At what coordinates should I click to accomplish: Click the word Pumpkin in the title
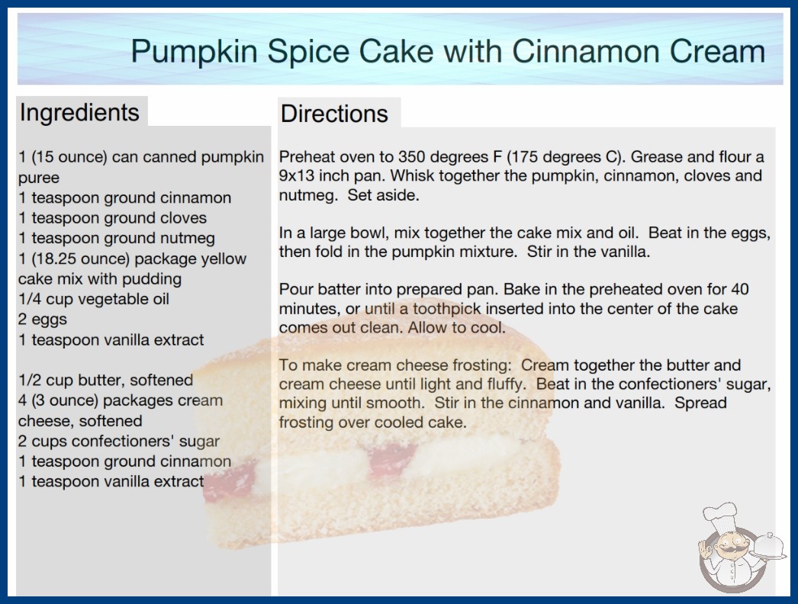[x=195, y=52]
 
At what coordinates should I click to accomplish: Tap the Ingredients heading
[x=79, y=112]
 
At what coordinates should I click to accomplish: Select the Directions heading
[x=334, y=114]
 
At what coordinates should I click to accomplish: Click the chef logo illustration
[x=741, y=548]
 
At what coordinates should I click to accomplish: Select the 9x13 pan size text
[x=295, y=176]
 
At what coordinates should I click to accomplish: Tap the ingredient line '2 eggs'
[x=43, y=320]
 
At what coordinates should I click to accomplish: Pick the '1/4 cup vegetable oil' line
[x=94, y=299]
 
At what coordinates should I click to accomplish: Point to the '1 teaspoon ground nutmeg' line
[x=117, y=238]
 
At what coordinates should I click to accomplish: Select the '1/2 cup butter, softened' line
[x=105, y=380]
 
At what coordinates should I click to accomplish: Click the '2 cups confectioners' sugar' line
[x=119, y=441]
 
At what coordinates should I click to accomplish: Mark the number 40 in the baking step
[x=740, y=290]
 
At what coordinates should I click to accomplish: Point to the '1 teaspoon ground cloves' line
[x=112, y=218]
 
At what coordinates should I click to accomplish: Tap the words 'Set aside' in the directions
[x=383, y=195]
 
